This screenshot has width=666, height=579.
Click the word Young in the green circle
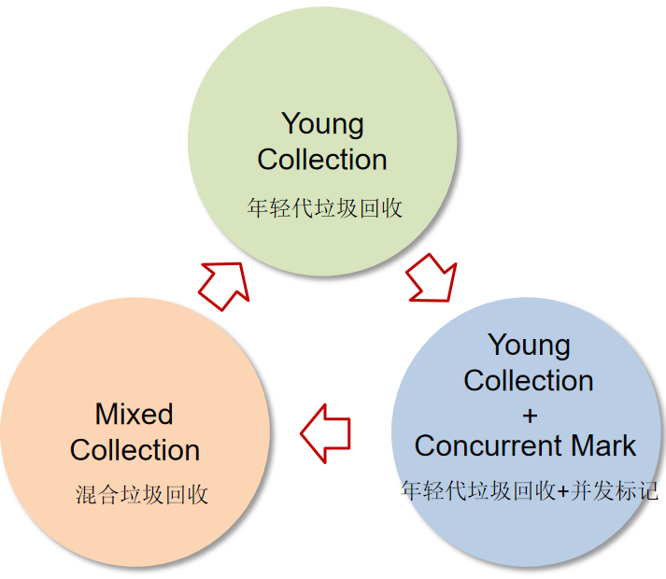coord(322,123)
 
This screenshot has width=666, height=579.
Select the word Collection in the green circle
coord(322,160)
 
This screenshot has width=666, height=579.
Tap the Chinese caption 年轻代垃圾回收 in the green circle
coord(324,207)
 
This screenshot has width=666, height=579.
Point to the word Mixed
coord(135,414)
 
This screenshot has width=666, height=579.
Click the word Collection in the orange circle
coord(135,450)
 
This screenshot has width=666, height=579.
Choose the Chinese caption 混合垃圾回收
coord(142,494)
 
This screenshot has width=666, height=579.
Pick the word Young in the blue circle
coord(529,345)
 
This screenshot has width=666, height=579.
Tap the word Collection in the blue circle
coord(529,381)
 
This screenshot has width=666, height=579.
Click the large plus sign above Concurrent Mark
coord(529,414)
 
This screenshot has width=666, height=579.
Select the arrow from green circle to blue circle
coord(432,276)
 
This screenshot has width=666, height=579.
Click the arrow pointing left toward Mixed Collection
coord(325,432)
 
